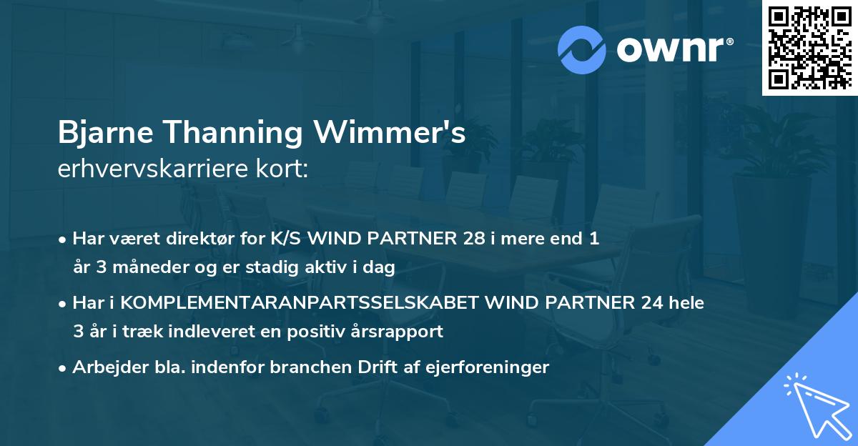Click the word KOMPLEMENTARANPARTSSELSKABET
click(299, 303)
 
